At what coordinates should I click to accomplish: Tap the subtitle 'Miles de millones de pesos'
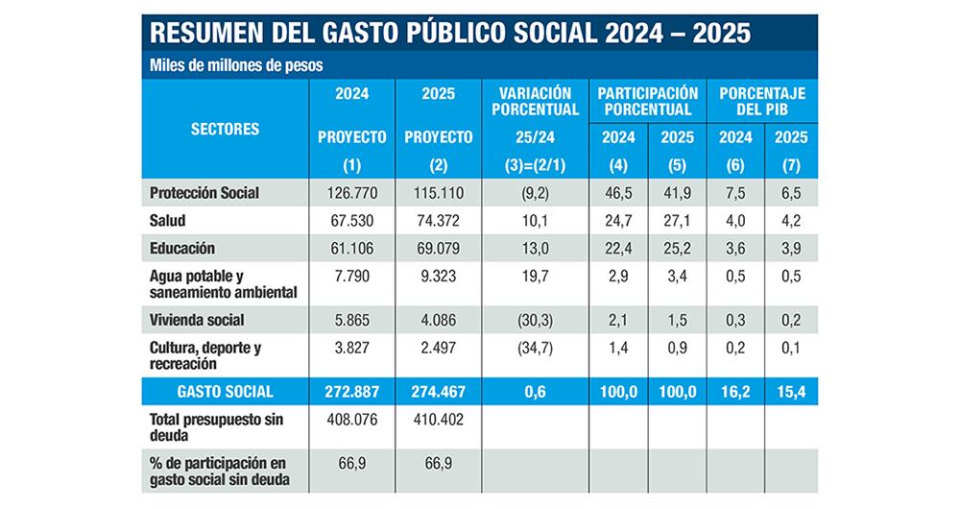click(235, 66)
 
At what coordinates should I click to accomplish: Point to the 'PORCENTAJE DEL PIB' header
click(764, 101)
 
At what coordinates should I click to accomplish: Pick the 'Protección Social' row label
click(204, 193)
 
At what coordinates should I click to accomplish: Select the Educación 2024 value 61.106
click(351, 248)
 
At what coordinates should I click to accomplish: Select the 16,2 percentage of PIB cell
click(737, 392)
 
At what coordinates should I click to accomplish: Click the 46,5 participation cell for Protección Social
click(618, 193)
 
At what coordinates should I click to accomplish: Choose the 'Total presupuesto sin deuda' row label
click(212, 426)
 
